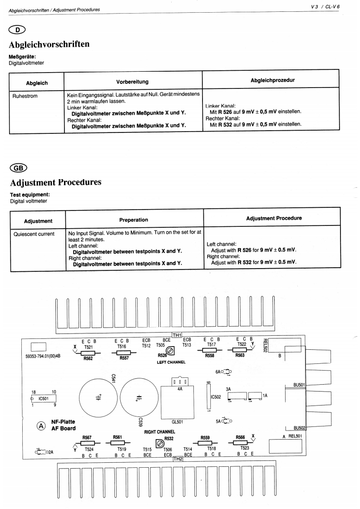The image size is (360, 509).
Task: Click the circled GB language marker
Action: [x=18, y=167]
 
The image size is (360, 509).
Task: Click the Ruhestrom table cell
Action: [x=24, y=97]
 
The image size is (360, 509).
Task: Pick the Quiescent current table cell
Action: [x=32, y=234]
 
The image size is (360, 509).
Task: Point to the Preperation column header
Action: [x=133, y=220]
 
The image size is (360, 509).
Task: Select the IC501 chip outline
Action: [x=44, y=399]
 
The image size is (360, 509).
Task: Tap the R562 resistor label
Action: [x=88, y=358]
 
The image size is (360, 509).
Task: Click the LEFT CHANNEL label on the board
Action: [x=171, y=362]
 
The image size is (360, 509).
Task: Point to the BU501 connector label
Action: [x=299, y=386]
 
